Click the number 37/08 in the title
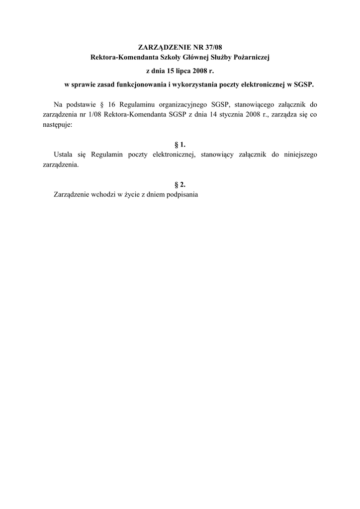(211, 48)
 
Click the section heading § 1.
(180, 145)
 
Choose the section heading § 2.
(180, 184)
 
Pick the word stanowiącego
(258, 105)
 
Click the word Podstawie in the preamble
(78, 105)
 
